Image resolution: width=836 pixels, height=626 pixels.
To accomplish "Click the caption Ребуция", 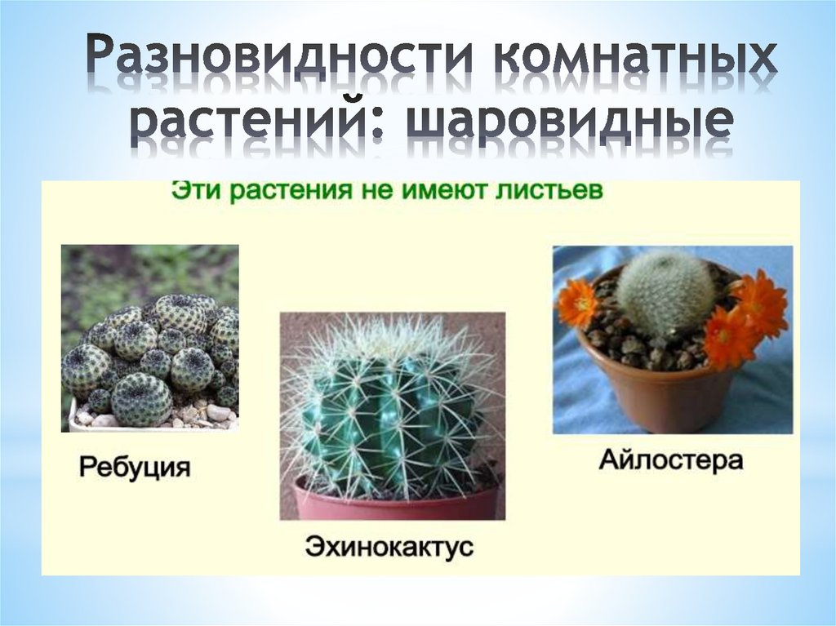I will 135,468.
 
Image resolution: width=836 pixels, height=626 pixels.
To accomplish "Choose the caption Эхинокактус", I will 389,545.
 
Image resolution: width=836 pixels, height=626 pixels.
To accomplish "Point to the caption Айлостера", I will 671,460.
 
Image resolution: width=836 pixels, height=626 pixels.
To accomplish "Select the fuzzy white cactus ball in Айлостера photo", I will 665,290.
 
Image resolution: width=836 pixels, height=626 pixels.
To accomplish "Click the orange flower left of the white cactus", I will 577,303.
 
